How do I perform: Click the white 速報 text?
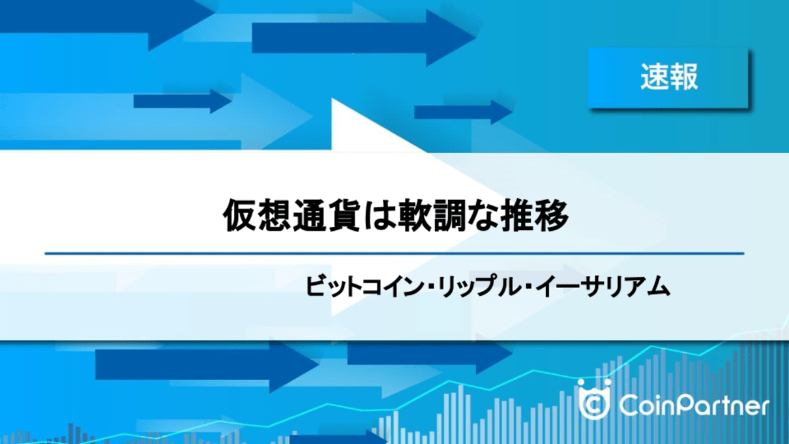pos(669,77)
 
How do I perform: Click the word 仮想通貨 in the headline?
pos(291,215)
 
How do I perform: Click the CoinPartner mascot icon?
pos(595,399)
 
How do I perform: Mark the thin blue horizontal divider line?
pos(394,253)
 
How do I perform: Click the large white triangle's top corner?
pos(332,98)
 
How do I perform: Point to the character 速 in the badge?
pos(655,77)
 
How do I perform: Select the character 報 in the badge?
pos(683,77)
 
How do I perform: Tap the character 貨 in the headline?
pos(344,215)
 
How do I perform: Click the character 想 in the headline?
pos(275,215)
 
